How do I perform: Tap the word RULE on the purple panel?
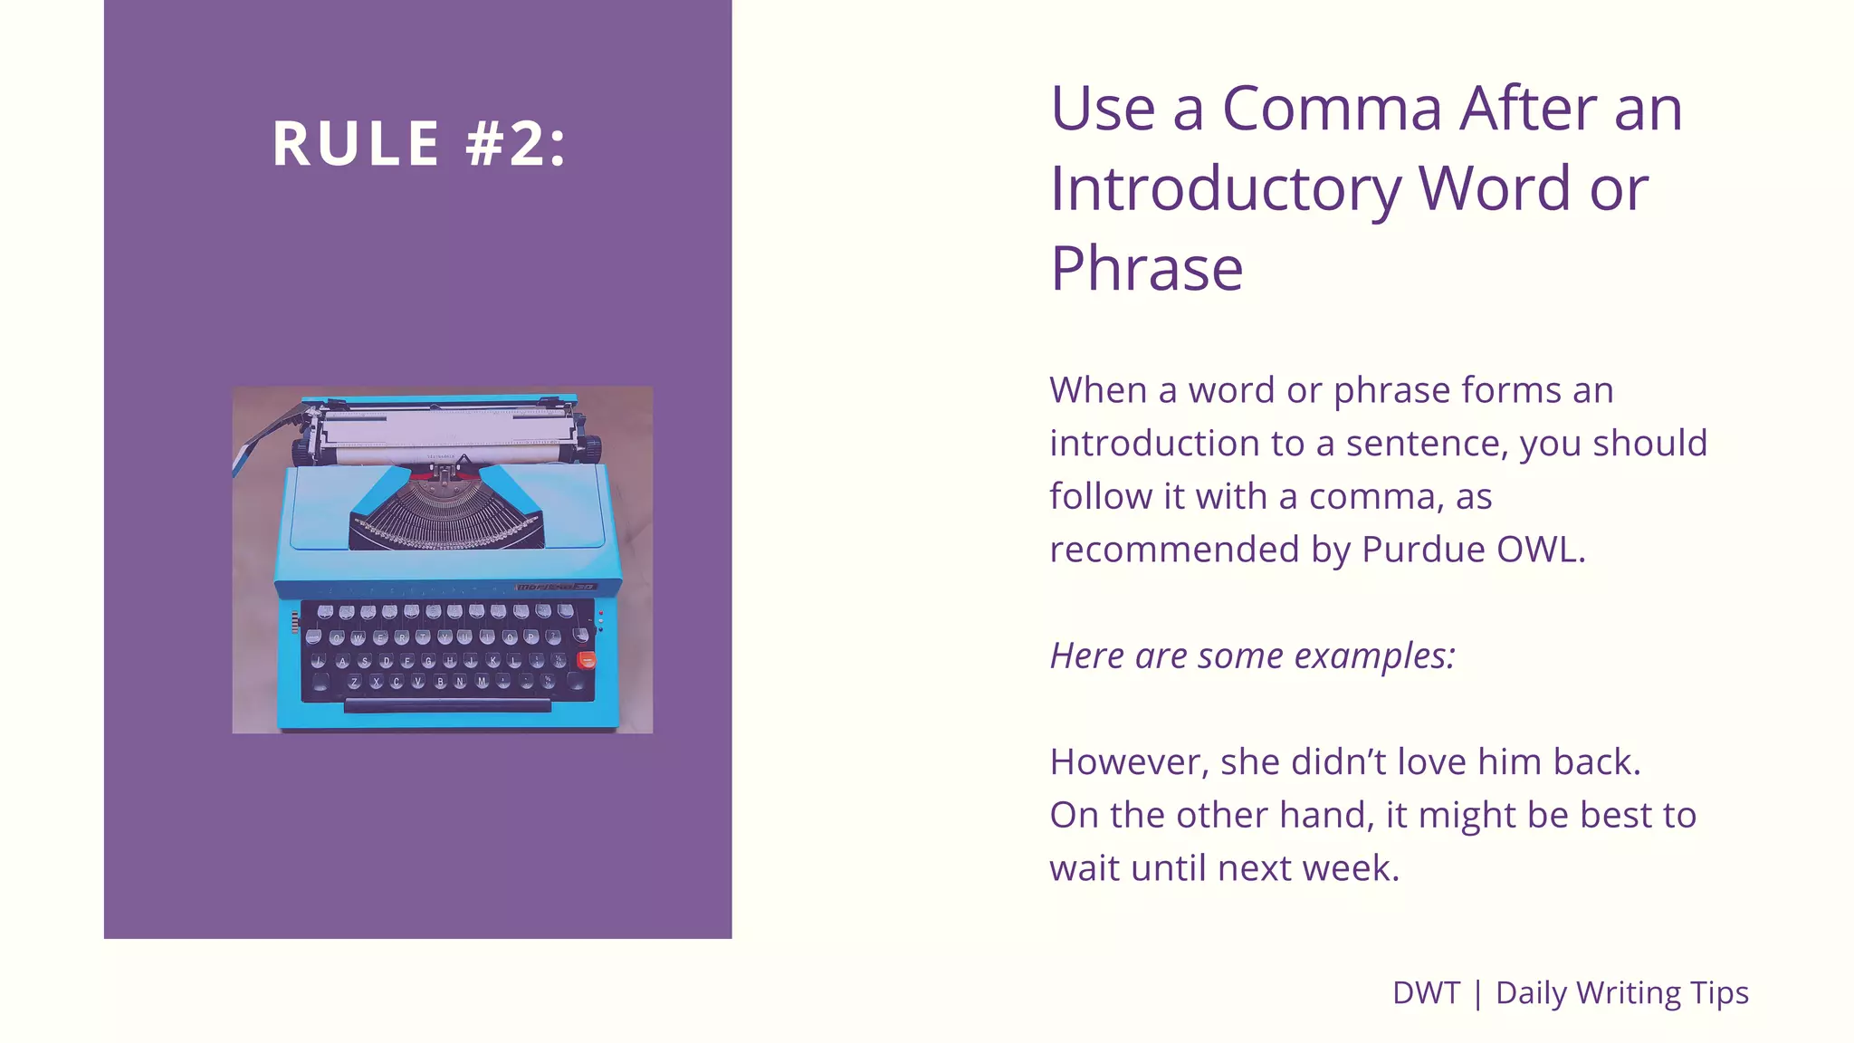(x=357, y=144)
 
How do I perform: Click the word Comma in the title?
(x=1332, y=109)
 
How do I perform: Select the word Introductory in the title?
(x=1225, y=189)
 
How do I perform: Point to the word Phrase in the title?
(x=1147, y=269)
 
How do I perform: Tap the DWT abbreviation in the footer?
(x=1426, y=993)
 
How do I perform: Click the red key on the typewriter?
(x=587, y=660)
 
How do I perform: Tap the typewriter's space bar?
(x=447, y=704)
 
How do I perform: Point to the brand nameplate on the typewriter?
(x=556, y=587)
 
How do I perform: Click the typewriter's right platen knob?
(x=589, y=447)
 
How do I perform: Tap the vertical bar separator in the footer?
(x=1478, y=993)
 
